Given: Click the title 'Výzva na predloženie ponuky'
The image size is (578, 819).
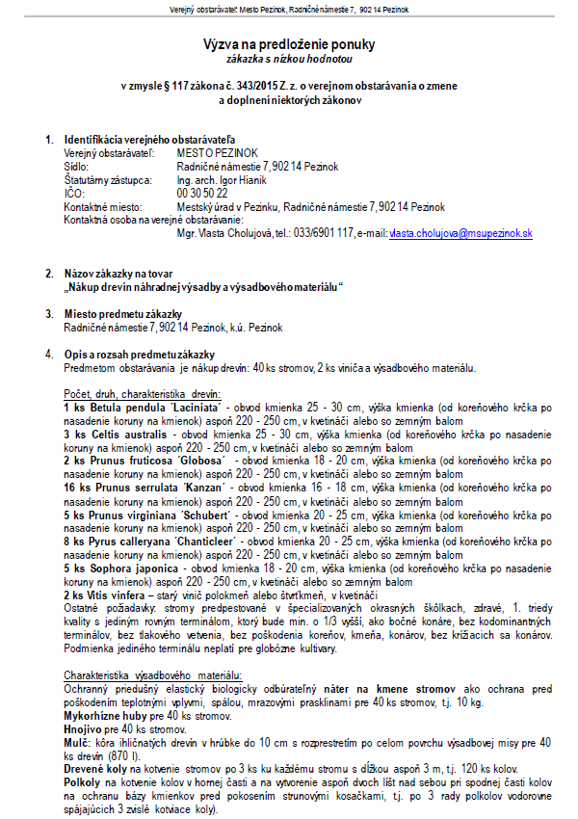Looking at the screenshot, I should [289, 44].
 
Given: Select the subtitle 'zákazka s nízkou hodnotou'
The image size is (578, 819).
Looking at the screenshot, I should [289, 59].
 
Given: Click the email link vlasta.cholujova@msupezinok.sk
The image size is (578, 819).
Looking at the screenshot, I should [460, 234].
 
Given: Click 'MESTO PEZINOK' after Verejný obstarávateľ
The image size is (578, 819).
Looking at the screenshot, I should [218, 153].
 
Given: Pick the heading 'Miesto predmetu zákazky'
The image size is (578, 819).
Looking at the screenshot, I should [122, 314].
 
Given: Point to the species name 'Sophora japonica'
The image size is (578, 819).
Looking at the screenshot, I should [135, 568].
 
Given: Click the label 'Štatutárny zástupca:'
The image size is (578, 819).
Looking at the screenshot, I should [107, 179].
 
